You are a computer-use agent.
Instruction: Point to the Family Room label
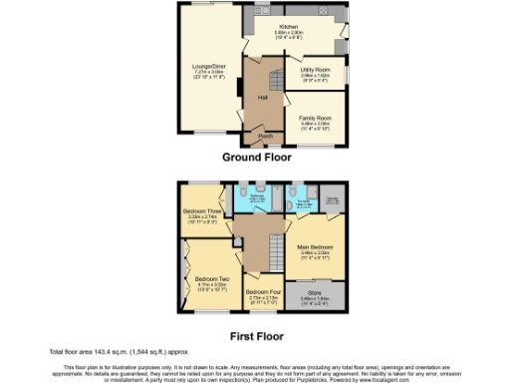coord(315,118)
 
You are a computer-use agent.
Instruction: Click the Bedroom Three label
coord(201,211)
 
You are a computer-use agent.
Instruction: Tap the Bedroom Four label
coord(264,292)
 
